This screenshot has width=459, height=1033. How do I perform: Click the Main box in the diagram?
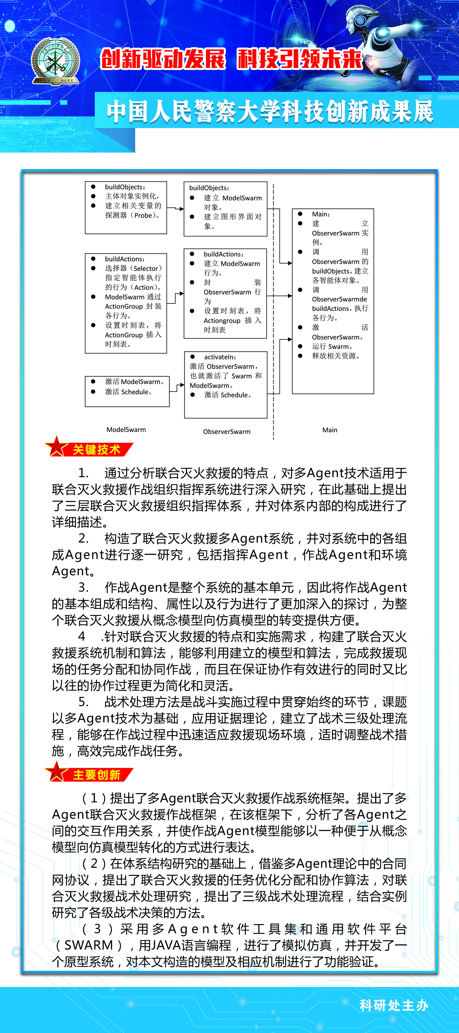333,301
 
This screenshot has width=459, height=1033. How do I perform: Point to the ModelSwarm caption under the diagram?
126,429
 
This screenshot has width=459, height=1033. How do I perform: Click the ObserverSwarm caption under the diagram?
226,431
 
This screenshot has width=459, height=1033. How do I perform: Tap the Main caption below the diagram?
329,430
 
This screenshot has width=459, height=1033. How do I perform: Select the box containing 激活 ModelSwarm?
127,391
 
